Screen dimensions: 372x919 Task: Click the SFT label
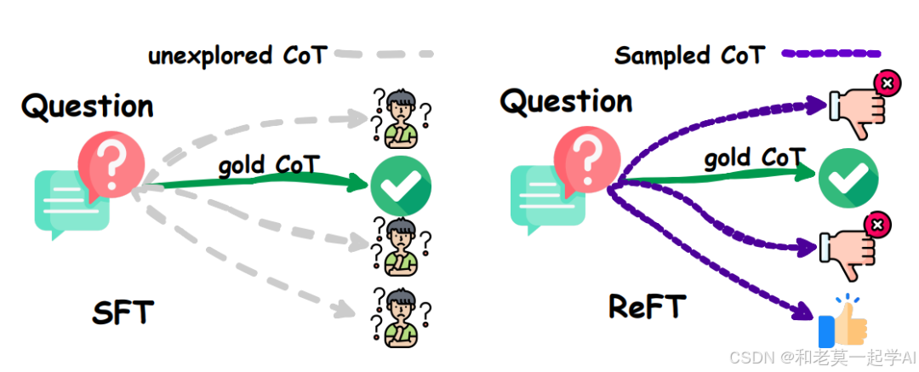tap(123, 312)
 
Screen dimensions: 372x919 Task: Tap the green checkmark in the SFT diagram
tap(401, 186)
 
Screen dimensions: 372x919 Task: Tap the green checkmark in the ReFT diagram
tap(848, 177)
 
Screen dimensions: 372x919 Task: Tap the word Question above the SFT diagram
tap(88, 107)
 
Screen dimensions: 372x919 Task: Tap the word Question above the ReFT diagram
tap(566, 102)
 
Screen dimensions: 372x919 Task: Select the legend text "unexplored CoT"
tap(237, 56)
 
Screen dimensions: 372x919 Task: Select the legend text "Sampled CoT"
tap(689, 55)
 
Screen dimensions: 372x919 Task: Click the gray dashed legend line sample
tap(384, 55)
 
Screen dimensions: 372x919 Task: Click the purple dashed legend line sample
tap(831, 54)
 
